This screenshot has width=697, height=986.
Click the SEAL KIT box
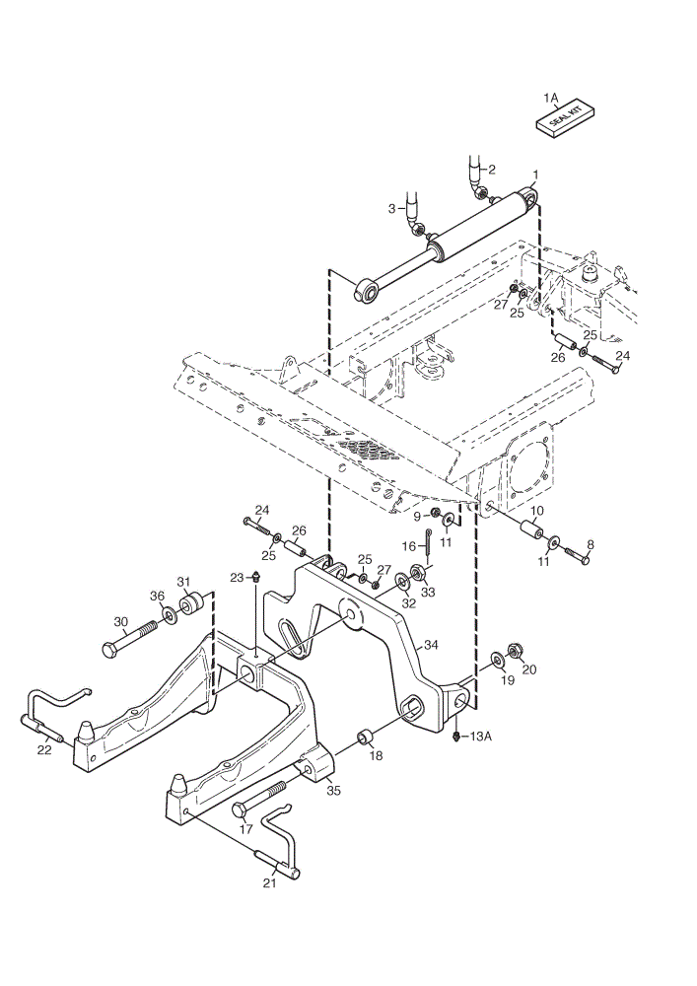click(565, 118)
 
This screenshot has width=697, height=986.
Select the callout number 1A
click(550, 98)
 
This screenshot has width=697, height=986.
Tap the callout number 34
click(431, 645)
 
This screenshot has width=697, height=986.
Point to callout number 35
click(333, 790)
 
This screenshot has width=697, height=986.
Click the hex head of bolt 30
click(108, 650)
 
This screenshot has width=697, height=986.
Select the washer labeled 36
click(169, 613)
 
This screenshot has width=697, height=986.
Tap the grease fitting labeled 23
click(255, 576)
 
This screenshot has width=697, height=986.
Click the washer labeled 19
click(498, 660)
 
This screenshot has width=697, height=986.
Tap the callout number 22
click(44, 749)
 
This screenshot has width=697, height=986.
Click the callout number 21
click(269, 883)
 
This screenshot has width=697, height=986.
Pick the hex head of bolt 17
click(241, 810)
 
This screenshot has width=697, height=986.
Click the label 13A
click(481, 736)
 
